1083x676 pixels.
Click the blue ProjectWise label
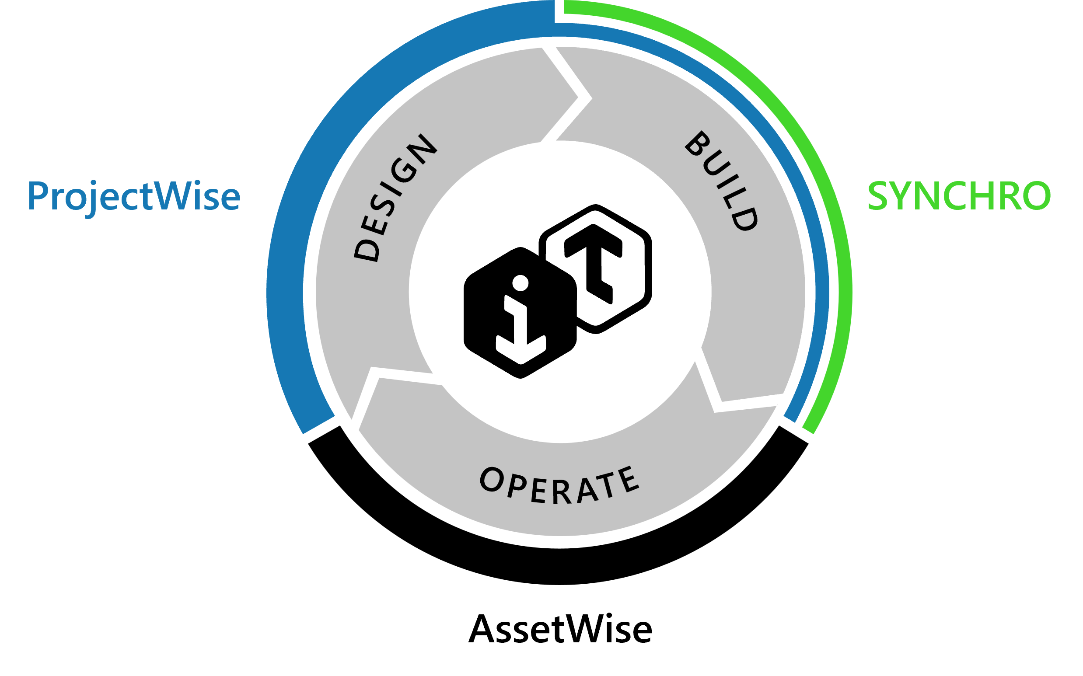(x=134, y=196)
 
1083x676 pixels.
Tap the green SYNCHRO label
(x=959, y=196)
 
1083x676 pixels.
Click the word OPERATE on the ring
(x=559, y=485)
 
